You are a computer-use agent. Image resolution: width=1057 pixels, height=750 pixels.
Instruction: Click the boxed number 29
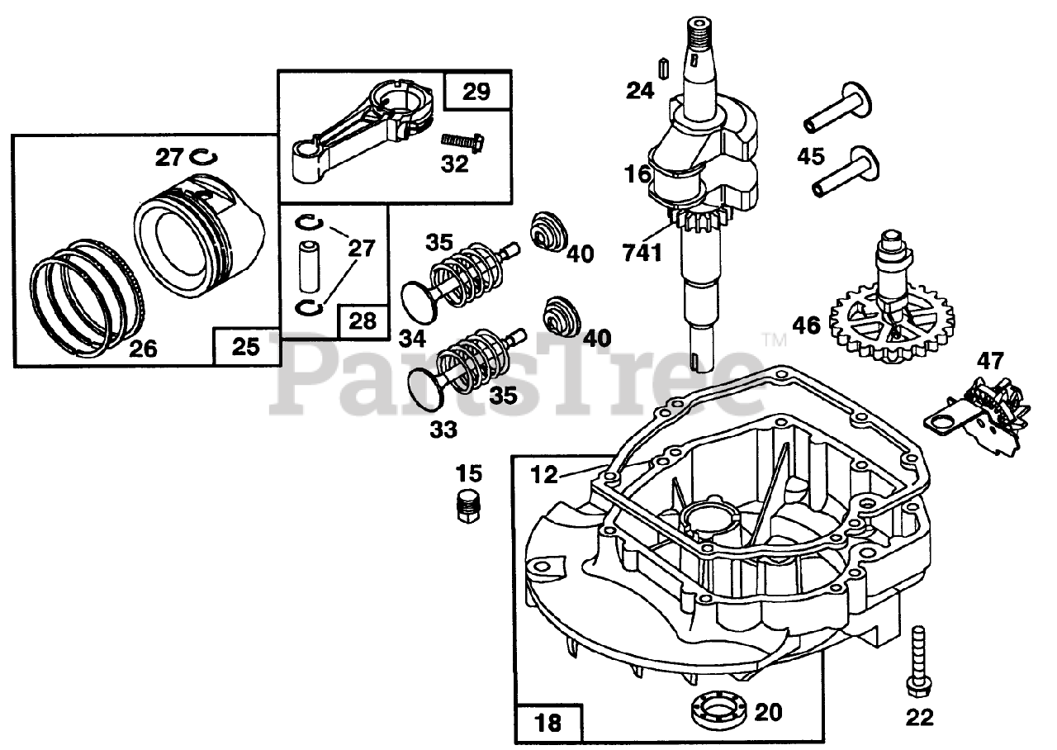tap(476, 91)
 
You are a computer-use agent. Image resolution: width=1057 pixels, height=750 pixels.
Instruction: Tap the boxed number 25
tap(245, 347)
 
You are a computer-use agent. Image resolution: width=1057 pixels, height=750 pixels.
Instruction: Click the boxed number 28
tap(362, 320)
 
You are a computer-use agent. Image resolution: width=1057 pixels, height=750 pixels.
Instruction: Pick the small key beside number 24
tap(661, 67)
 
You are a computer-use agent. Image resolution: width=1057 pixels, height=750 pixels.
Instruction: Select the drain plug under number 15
tap(468, 504)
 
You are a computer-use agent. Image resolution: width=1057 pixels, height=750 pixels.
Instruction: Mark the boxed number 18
tap(548, 724)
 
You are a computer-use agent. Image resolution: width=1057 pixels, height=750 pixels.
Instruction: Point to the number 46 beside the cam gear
tap(806, 325)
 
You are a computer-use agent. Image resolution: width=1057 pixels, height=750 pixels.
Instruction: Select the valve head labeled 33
tap(428, 388)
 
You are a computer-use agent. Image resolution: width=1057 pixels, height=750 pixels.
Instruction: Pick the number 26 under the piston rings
tap(143, 349)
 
